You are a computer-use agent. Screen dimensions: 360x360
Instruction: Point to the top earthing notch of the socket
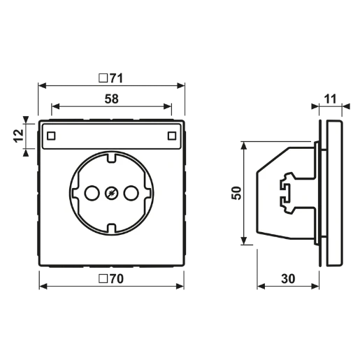point(110,157)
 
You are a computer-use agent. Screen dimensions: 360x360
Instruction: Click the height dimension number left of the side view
point(236,190)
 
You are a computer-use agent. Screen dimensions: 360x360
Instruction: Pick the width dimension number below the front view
point(112,280)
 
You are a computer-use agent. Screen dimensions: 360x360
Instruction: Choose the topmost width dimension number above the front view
point(112,77)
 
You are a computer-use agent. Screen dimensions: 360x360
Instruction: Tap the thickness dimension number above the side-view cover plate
point(335,99)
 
